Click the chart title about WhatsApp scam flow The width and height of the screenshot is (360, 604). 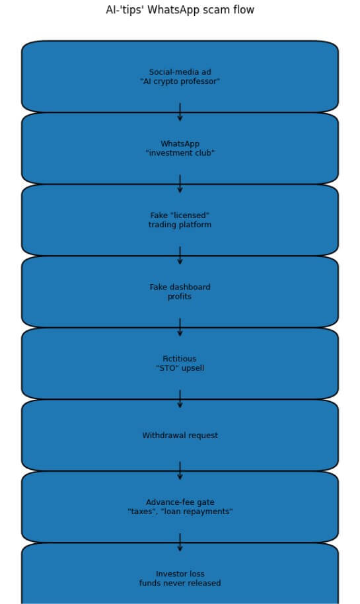(x=180, y=10)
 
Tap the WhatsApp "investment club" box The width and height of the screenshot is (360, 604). (x=180, y=149)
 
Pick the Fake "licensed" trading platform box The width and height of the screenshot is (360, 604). (x=180, y=220)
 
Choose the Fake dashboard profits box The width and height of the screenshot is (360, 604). (x=180, y=292)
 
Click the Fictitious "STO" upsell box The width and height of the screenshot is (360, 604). (x=180, y=363)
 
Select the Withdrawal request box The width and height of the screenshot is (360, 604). (x=180, y=435)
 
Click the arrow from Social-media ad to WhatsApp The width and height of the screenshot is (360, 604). (x=180, y=112)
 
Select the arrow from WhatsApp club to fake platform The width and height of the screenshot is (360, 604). (x=180, y=184)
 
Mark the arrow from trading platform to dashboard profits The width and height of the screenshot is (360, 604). (x=180, y=256)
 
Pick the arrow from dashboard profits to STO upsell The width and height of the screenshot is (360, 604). (x=180, y=328)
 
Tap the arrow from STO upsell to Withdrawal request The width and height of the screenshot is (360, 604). (x=180, y=399)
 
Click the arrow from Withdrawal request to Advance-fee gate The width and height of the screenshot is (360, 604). (x=180, y=471)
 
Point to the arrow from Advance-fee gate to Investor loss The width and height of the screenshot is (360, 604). (x=180, y=543)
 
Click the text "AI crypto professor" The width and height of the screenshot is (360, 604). (x=180, y=82)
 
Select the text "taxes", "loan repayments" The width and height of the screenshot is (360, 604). (x=180, y=512)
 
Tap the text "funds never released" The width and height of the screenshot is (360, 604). (x=180, y=584)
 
